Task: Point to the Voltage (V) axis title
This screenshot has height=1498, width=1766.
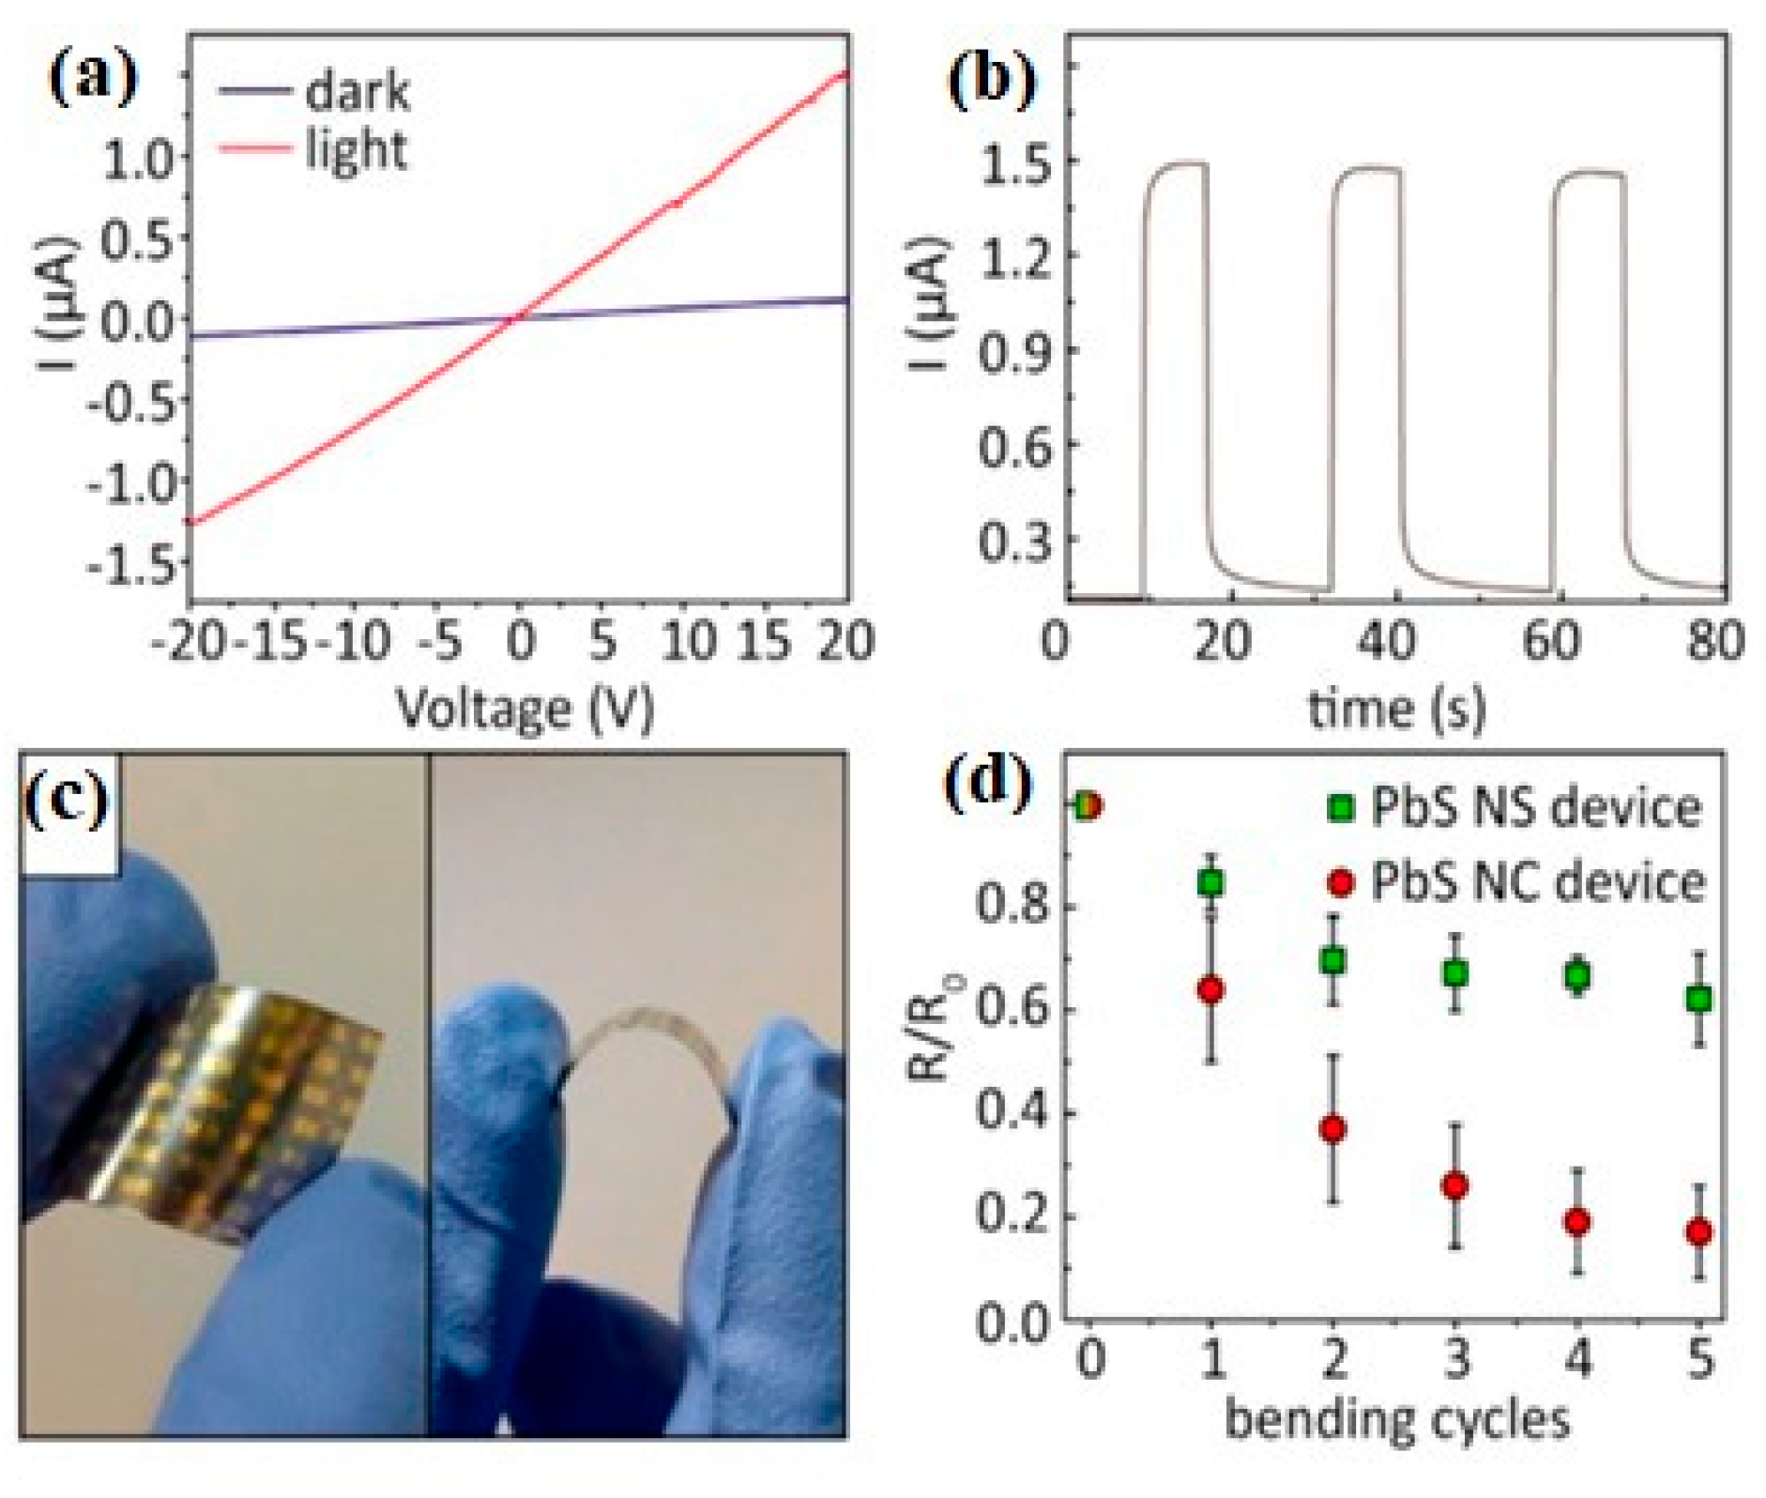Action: click(525, 709)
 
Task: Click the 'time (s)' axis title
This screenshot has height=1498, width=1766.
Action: click(1396, 709)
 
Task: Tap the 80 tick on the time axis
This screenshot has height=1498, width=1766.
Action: click(1713, 642)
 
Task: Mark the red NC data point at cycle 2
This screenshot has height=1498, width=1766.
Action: click(1332, 1128)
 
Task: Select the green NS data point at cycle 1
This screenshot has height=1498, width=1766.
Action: click(1210, 883)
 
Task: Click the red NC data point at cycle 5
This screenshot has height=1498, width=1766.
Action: click(1698, 1231)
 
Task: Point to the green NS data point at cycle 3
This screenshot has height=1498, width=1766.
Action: click(1455, 973)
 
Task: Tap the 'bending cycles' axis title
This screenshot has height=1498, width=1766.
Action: click(1396, 1418)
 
